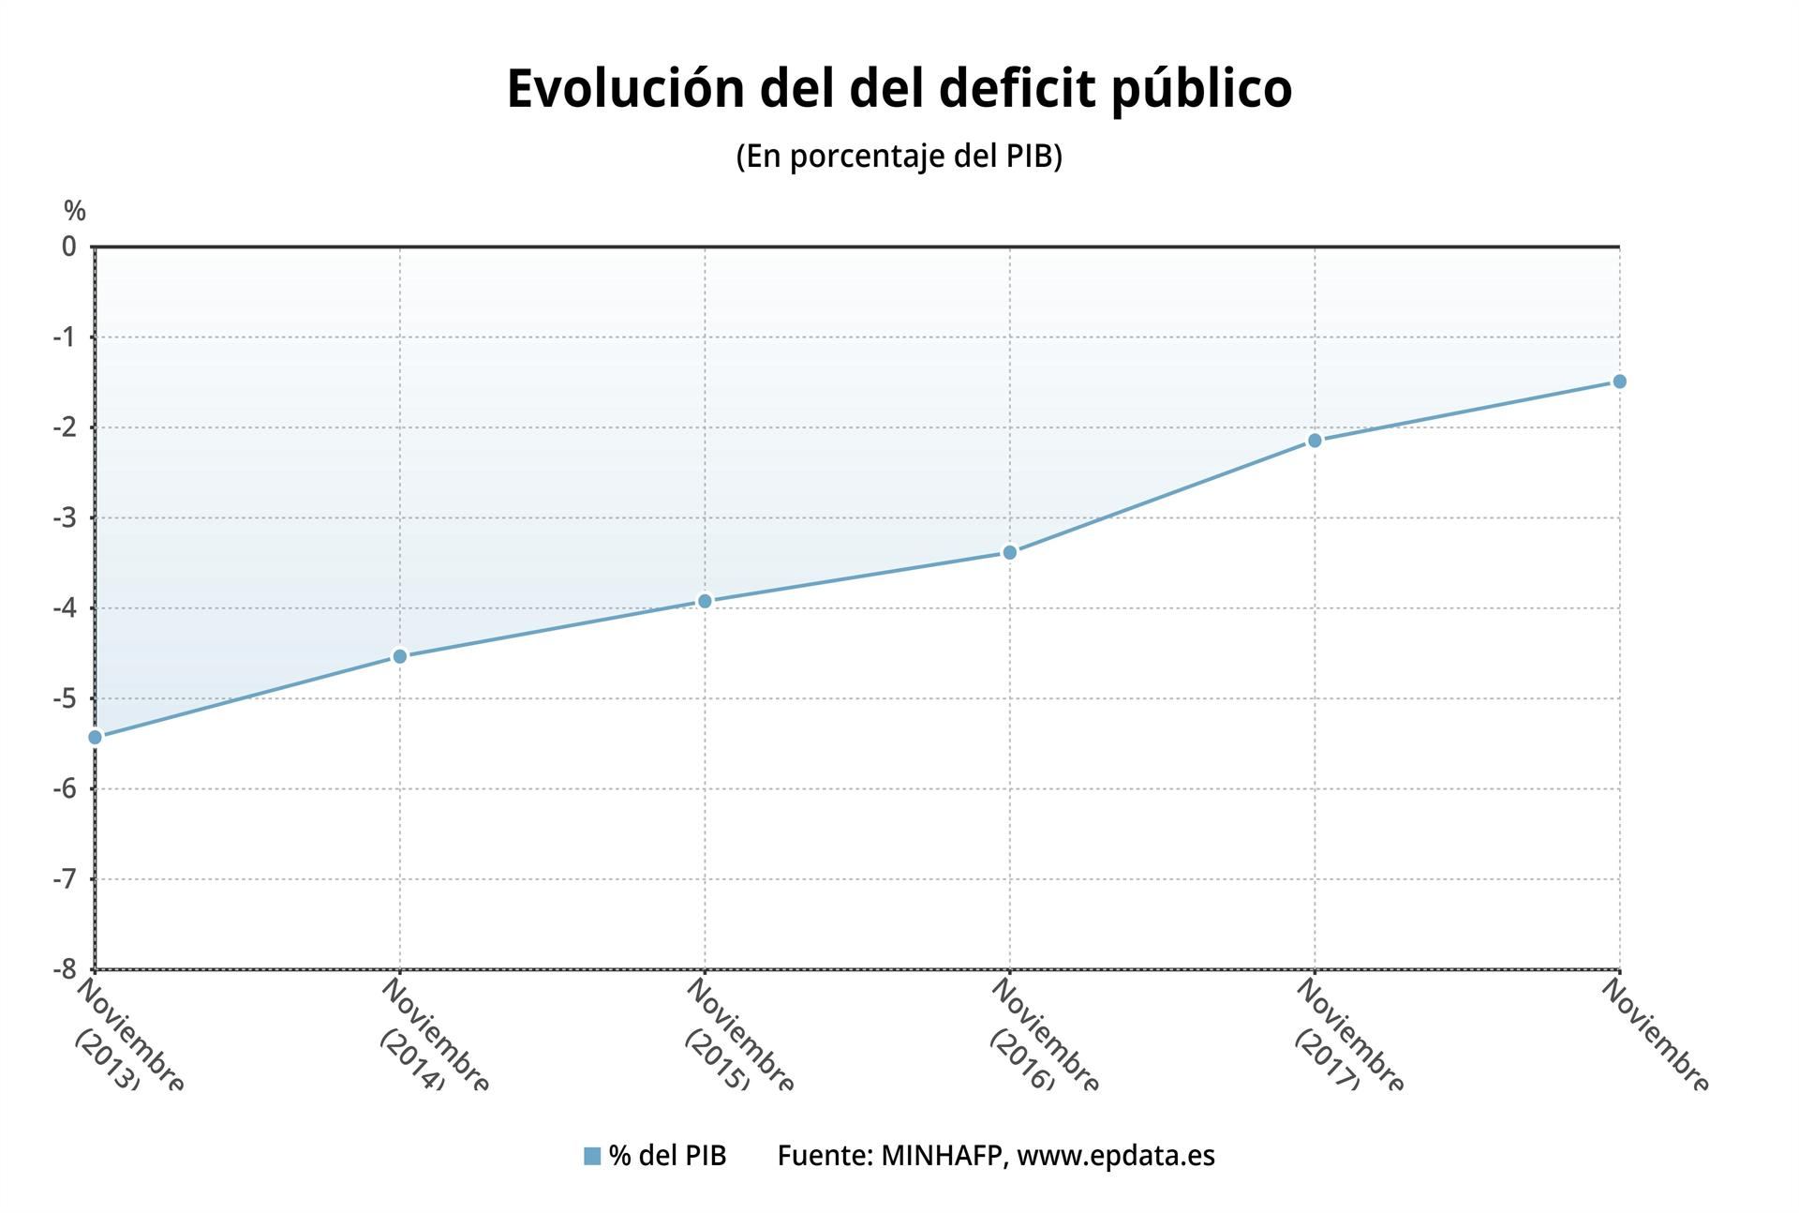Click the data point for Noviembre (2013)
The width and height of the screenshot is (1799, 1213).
(x=95, y=737)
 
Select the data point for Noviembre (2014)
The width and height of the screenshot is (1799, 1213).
(x=399, y=656)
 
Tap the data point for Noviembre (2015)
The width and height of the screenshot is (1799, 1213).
(x=705, y=601)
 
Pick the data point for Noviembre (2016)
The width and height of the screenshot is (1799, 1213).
(x=1009, y=552)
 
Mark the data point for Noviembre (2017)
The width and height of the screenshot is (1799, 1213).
(x=1314, y=441)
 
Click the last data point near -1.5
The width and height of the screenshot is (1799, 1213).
(x=1619, y=382)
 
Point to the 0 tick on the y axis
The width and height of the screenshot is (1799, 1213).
(x=69, y=247)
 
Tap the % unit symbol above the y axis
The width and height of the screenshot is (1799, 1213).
(x=75, y=212)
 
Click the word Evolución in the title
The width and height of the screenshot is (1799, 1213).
(x=625, y=90)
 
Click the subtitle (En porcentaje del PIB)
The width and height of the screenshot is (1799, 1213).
(x=899, y=156)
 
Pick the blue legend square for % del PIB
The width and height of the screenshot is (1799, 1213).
(x=591, y=1156)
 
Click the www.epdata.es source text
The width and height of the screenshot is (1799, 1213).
(x=1115, y=1156)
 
